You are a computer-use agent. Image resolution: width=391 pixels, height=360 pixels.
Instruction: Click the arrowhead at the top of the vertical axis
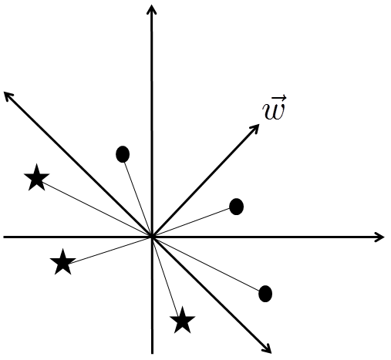(x=151, y=9)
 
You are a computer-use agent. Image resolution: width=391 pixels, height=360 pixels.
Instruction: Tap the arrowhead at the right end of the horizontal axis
(x=379, y=237)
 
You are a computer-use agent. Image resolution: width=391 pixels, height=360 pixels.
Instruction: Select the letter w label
(x=274, y=112)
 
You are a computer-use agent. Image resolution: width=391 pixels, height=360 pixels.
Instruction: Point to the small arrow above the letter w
(x=279, y=98)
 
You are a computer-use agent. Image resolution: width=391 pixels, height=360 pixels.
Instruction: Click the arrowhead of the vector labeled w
(x=254, y=129)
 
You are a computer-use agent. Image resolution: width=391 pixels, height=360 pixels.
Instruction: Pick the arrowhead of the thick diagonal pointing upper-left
(x=9, y=96)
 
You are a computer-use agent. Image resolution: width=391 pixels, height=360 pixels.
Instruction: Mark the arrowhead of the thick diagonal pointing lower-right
(x=267, y=349)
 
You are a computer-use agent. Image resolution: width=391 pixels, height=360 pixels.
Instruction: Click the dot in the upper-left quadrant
(x=123, y=154)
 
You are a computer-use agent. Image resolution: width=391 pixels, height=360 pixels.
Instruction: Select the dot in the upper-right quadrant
(x=236, y=207)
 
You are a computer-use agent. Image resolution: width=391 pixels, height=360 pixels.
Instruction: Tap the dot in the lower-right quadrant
(x=265, y=294)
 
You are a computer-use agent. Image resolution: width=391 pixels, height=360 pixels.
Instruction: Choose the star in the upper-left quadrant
(x=36, y=178)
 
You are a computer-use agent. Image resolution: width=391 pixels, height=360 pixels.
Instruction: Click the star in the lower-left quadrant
(x=62, y=262)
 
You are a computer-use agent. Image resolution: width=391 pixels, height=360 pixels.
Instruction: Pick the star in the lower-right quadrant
(x=182, y=321)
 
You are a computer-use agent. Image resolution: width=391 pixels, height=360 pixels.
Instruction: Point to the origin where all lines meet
(x=152, y=237)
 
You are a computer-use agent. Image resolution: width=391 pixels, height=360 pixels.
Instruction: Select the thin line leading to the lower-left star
(x=110, y=250)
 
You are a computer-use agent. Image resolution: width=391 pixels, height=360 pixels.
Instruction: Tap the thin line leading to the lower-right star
(x=165, y=276)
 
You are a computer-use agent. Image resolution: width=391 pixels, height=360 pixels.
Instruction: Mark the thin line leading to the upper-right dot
(x=191, y=222)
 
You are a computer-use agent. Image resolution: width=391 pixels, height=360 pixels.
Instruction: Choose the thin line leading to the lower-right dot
(x=206, y=264)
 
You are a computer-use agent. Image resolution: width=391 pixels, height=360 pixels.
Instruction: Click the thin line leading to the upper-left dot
(x=138, y=200)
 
